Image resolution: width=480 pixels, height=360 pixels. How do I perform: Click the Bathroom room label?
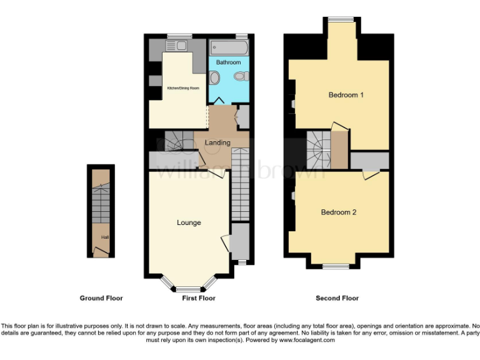[228, 62]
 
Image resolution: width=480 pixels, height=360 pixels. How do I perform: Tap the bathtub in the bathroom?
[228, 47]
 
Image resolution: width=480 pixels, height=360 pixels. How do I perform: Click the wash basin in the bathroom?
[214, 77]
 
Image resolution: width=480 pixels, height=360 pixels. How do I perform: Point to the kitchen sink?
[181, 46]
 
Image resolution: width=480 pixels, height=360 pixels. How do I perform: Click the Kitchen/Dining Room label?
[182, 88]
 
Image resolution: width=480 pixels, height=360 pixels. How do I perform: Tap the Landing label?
[217, 142]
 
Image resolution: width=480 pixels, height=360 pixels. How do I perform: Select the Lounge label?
[189, 222]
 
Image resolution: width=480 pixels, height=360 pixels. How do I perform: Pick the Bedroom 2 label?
[338, 212]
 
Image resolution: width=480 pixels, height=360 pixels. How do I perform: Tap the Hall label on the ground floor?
[96, 237]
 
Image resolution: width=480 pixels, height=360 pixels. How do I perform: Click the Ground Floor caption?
[101, 298]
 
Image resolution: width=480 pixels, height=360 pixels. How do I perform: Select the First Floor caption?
[199, 298]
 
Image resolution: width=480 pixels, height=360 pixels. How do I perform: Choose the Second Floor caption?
[337, 298]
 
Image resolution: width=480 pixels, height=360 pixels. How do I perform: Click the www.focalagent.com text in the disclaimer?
[307, 341]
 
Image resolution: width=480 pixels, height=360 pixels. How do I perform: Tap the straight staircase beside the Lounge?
[240, 191]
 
